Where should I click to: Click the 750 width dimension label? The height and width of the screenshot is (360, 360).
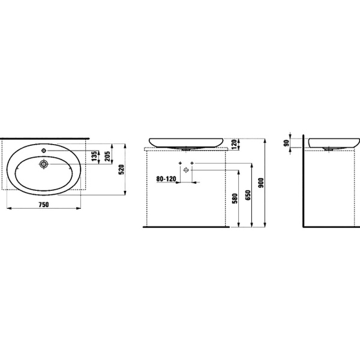44,205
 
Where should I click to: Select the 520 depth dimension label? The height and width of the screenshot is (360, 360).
121,169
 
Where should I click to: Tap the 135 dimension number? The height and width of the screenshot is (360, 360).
94,156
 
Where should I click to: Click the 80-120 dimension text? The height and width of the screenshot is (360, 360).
166,179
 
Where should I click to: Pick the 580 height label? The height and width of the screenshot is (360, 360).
235,199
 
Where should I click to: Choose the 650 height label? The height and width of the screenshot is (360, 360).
248,195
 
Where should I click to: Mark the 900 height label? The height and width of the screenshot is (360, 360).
261,183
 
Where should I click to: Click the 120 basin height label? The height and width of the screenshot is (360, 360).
235,144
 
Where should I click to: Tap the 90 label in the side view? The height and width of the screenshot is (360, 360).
286,143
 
